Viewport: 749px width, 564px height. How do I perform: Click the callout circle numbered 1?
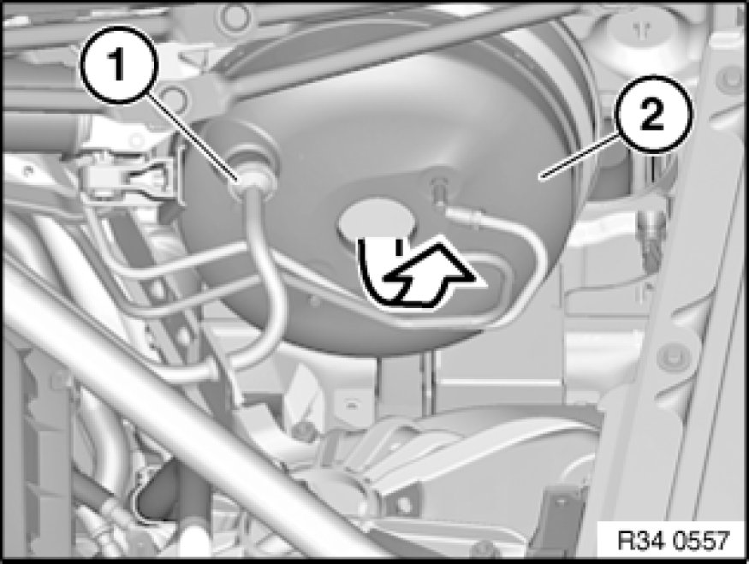[x=118, y=65]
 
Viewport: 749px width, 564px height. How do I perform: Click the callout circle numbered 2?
[x=651, y=115]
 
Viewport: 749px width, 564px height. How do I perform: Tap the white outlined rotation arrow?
[x=430, y=276]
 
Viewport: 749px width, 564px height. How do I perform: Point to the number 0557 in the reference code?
[x=701, y=541]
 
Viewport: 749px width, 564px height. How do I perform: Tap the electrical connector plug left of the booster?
[x=128, y=180]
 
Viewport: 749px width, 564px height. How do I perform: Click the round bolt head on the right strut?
[x=674, y=357]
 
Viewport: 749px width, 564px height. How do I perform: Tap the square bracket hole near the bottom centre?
[x=404, y=505]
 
